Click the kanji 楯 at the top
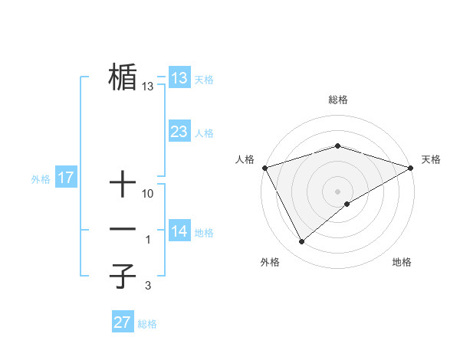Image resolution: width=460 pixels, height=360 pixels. pos(123,77)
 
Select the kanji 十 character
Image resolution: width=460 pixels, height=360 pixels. pos(123,184)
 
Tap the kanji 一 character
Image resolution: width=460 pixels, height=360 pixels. pos(123,229)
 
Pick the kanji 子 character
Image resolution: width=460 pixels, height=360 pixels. pos(123,276)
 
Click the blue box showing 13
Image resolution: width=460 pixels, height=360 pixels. pos(179,78)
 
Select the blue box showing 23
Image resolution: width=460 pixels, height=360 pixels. pos(179,132)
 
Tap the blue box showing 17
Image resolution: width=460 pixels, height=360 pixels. pos(66,178)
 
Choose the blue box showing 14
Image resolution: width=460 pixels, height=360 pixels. pos(179,231)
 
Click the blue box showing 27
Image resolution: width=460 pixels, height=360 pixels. pos(123,322)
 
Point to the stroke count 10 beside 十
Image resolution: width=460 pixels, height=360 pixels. pos(148,194)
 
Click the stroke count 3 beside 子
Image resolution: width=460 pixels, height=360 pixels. pos(148,286)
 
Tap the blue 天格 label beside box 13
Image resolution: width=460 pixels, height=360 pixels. pos(204,80)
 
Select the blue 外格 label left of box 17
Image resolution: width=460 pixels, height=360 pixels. pos(41,179)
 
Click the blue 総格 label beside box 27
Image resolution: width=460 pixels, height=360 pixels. pos(147,324)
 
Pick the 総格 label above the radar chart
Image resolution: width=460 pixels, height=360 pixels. pos(337,100)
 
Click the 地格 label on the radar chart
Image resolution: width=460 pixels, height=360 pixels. pos(402,263)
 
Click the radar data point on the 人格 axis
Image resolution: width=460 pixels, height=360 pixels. pos(264,168)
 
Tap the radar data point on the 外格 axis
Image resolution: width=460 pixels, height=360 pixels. pos(302,241)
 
